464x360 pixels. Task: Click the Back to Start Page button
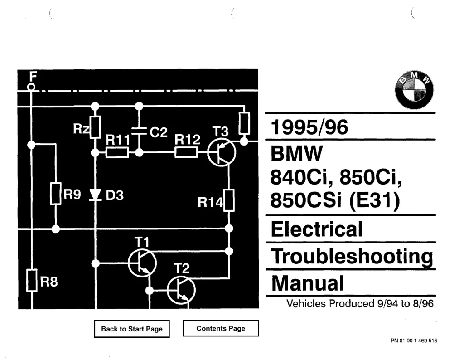click(132, 329)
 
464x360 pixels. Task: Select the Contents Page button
click(221, 328)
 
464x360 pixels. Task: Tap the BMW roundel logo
click(414, 90)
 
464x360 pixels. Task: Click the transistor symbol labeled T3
click(222, 152)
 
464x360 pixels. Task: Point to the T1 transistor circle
click(142, 263)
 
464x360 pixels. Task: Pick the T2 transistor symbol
click(181, 290)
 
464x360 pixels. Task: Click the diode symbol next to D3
click(95, 195)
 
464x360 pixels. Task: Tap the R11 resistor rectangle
click(117, 152)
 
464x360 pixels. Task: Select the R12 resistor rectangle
click(186, 152)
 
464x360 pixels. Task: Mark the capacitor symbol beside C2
click(139, 131)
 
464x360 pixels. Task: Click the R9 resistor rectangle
click(56, 194)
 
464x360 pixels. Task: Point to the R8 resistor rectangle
click(32, 280)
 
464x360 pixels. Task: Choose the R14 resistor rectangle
click(229, 200)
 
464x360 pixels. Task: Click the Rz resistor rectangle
click(95, 127)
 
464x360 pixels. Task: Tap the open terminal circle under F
click(31, 87)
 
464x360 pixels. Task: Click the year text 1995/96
click(309, 127)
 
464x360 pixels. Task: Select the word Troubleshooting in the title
click(352, 256)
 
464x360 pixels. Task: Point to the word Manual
click(308, 283)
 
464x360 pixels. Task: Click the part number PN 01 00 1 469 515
click(414, 341)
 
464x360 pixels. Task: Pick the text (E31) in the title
click(374, 200)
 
